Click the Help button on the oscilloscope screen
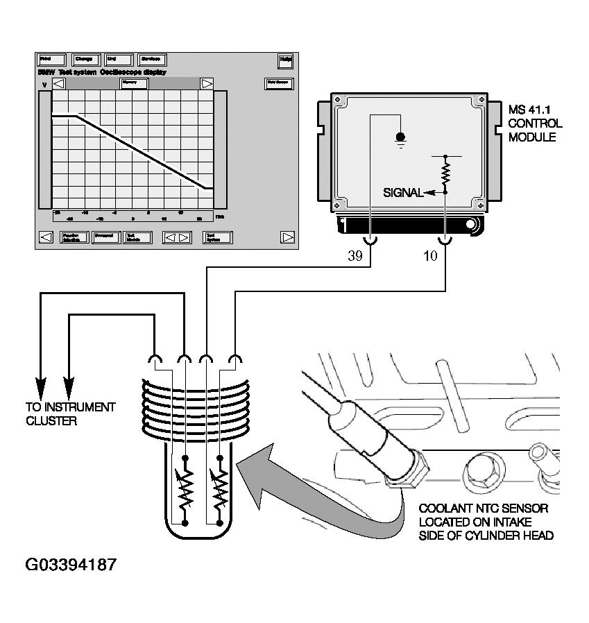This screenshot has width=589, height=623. [285, 60]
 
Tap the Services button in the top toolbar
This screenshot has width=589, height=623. [152, 60]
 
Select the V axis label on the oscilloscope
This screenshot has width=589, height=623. [44, 85]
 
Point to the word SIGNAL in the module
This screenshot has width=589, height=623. [403, 193]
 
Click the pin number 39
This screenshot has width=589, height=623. [355, 256]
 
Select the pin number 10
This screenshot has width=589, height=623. [430, 256]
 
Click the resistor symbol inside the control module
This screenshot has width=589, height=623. [445, 171]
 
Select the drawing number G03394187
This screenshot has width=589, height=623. [71, 564]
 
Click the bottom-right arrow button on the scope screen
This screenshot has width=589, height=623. [287, 237]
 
